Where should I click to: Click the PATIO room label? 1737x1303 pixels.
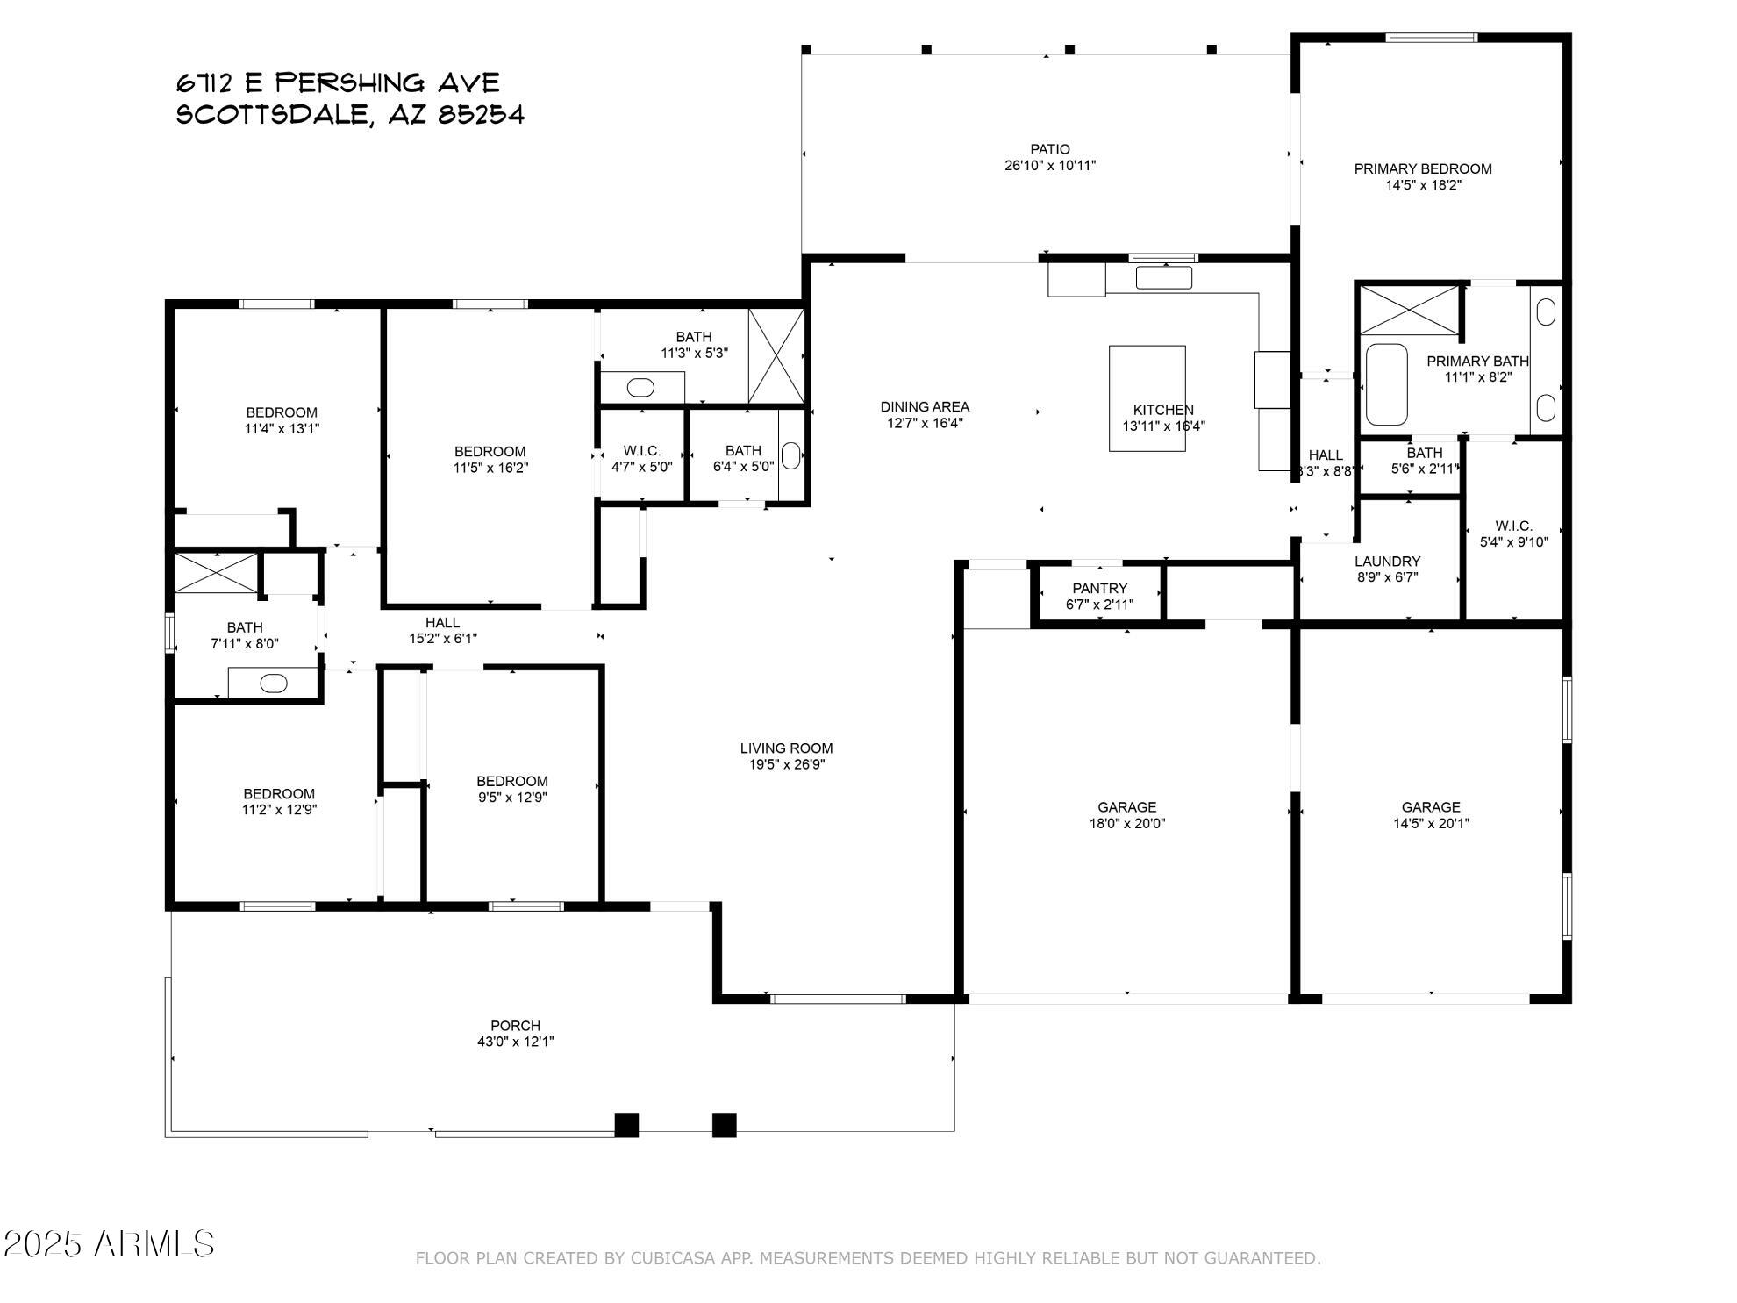(1049, 149)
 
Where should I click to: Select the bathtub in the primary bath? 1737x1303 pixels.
(1386, 384)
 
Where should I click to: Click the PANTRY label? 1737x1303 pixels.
(1099, 588)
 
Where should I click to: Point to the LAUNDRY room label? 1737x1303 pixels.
(1387, 562)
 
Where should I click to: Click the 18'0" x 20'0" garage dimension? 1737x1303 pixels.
(1126, 823)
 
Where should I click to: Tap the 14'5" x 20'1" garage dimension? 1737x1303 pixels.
(1430, 823)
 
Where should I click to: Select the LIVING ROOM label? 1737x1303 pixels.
(786, 748)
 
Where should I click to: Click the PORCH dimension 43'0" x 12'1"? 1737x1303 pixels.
(515, 1042)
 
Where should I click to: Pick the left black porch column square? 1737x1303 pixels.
(626, 1125)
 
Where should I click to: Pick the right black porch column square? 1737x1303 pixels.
(724, 1125)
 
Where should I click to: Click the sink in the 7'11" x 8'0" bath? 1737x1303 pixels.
(274, 683)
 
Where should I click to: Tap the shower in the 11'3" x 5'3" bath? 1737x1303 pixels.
(776, 355)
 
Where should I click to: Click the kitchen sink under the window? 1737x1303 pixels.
(1163, 277)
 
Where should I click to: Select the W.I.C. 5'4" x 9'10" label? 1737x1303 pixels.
(1513, 533)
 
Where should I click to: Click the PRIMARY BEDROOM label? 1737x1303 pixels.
(1422, 168)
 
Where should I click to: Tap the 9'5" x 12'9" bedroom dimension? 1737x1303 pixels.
(511, 798)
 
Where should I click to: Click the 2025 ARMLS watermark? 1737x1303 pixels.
(109, 1243)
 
